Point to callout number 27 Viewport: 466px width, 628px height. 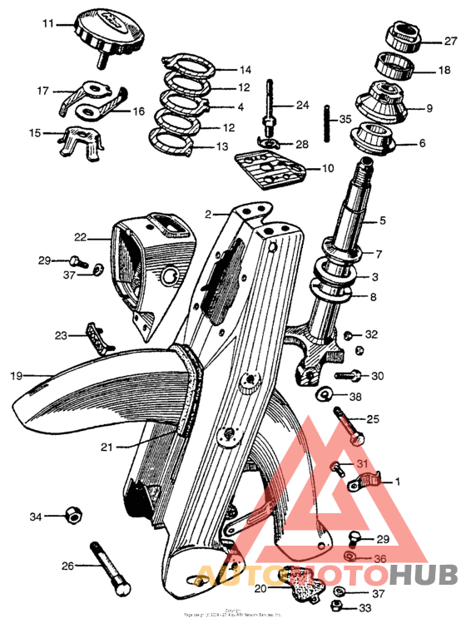449,40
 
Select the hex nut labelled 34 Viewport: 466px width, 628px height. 73,517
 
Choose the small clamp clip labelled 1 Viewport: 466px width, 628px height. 365,481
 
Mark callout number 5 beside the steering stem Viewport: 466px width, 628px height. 383,221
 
